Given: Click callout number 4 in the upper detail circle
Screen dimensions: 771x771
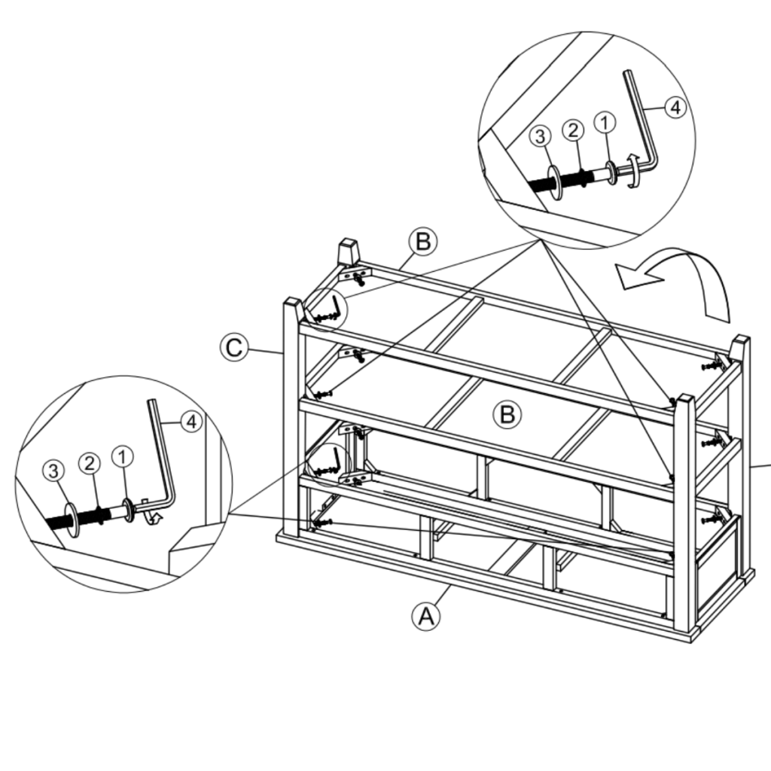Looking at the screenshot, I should [675, 108].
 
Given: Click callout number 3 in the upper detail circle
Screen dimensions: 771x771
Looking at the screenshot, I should [540, 136].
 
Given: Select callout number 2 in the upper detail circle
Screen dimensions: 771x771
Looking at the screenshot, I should [573, 130].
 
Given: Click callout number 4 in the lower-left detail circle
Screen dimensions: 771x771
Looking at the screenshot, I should [192, 422].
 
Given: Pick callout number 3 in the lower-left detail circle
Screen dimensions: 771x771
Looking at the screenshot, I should [53, 471].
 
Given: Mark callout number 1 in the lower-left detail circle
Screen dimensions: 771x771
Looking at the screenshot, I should [123, 456].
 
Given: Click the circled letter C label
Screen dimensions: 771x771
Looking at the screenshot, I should [234, 348].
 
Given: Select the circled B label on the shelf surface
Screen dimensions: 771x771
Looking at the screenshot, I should [507, 414].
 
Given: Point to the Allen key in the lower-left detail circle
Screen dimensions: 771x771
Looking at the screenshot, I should [162, 459].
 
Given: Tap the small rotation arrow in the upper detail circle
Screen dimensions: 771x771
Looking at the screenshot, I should [633, 169].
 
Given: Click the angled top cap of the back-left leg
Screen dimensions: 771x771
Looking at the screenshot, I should [347, 251].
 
